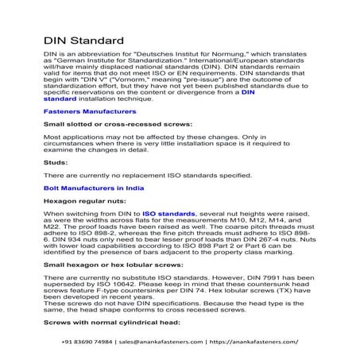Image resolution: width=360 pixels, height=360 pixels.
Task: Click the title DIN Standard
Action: click(83, 40)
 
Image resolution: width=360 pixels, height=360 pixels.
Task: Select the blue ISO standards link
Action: click(168, 214)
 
